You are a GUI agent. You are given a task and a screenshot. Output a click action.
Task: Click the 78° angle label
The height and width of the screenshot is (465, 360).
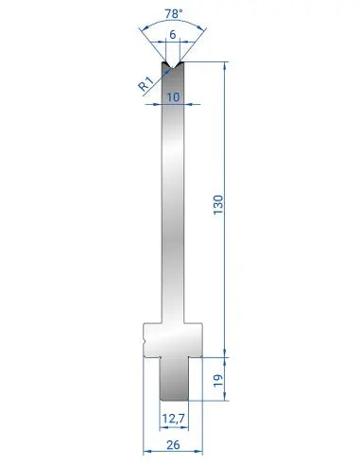(x=173, y=14)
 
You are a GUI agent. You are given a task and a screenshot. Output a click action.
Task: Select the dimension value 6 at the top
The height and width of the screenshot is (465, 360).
(x=173, y=35)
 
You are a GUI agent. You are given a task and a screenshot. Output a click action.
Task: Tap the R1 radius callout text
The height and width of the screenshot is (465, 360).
(x=146, y=84)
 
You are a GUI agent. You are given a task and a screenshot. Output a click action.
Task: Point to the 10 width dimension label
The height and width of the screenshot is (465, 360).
(x=173, y=97)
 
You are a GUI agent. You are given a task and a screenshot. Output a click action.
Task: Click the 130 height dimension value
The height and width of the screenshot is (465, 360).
(x=218, y=205)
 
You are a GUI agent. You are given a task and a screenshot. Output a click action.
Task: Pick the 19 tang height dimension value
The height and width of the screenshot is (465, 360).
(x=218, y=381)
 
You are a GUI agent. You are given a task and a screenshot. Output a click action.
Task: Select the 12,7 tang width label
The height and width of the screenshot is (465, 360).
(x=173, y=419)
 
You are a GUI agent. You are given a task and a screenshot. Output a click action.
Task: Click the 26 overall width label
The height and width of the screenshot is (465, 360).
(x=173, y=445)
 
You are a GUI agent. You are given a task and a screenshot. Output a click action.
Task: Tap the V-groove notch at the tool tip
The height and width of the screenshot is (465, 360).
(x=173, y=64)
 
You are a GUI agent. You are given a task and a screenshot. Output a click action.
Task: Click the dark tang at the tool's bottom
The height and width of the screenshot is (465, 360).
(x=174, y=379)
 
